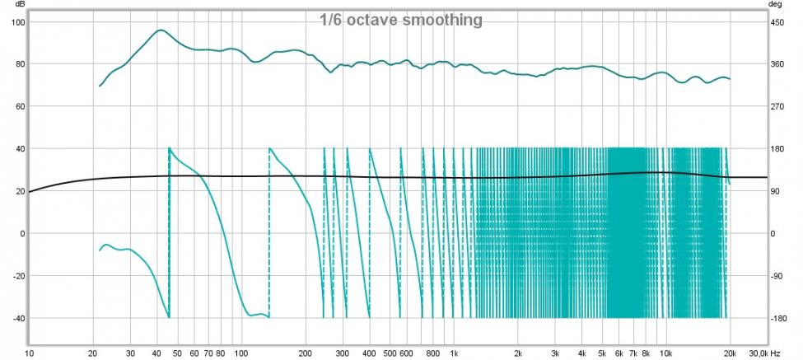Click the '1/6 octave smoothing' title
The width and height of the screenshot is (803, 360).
tap(401, 20)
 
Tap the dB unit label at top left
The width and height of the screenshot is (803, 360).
tap(15, 4)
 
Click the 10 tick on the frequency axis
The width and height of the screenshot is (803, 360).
tap(30, 353)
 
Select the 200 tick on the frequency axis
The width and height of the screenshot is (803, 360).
tap(306, 353)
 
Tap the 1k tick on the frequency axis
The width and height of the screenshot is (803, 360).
tap(454, 353)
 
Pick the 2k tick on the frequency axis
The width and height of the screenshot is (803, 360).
tap(518, 353)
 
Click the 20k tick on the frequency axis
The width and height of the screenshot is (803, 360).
tap(730, 353)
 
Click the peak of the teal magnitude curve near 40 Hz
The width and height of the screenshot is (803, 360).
tap(161, 30)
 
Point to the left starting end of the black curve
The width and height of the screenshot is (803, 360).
tap(30, 192)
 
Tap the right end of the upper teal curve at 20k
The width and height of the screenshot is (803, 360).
tap(730, 79)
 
